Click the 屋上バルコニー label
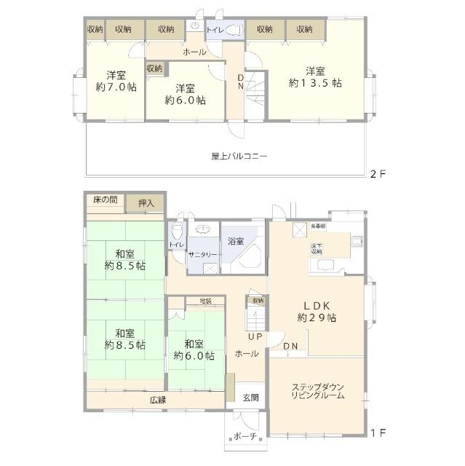coord(239,156)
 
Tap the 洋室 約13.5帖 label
coord(314,77)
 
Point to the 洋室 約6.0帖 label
coord(184,94)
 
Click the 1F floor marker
coord(376,434)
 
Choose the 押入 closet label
coord(146,203)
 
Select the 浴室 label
coord(235,240)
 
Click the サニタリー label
coord(202,254)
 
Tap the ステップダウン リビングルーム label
coord(318,390)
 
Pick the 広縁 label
coord(159,399)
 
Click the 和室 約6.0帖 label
coord(194,350)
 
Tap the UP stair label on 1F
coord(254,336)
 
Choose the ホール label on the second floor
coord(194,52)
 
